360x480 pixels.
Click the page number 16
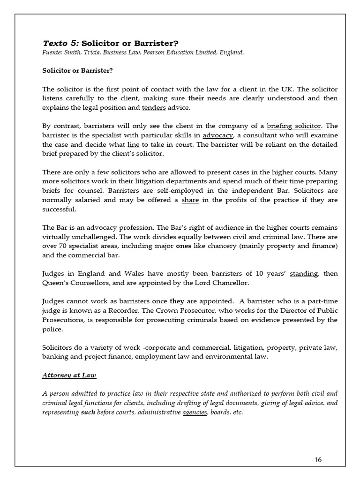point(318,459)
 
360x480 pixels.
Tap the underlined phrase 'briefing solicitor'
point(294,126)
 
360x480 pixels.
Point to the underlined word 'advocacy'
point(217,135)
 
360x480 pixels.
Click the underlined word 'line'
point(134,144)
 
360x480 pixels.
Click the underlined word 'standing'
point(304,274)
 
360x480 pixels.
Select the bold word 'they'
point(177,301)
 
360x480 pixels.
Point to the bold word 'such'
point(88,413)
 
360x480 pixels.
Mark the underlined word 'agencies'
point(195,413)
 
